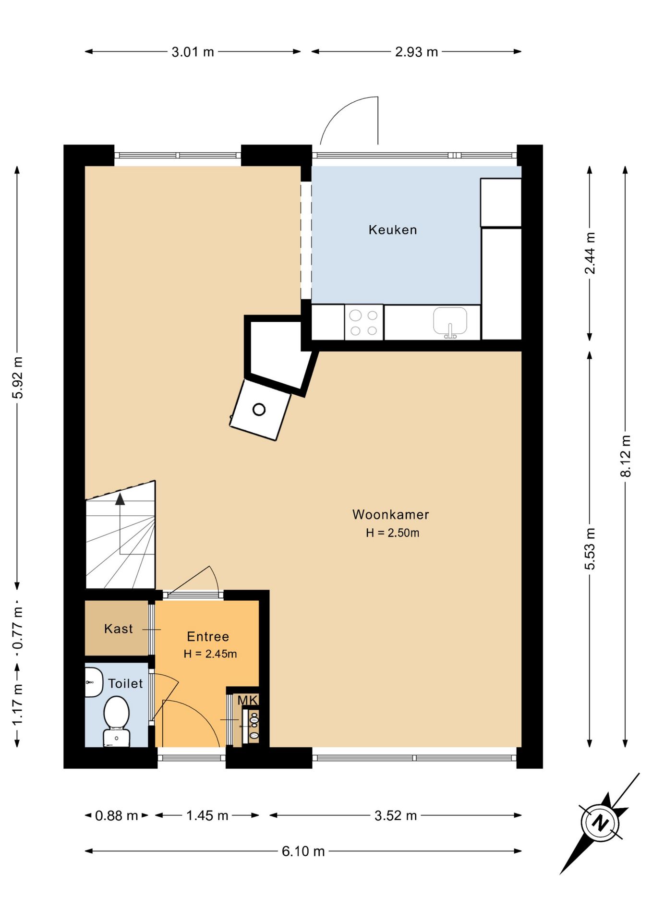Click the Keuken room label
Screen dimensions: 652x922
392,230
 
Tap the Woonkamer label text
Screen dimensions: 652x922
390,514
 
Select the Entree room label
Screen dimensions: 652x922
208,636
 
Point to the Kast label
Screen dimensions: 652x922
118,629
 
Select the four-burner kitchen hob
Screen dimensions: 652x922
364,322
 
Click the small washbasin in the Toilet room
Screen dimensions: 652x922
93,682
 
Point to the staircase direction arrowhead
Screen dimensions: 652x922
120,499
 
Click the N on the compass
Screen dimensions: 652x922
600,823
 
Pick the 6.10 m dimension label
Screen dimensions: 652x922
303,851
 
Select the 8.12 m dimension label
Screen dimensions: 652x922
626,456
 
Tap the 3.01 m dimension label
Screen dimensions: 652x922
193,52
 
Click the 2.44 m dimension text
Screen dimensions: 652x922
590,253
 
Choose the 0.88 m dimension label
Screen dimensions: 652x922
117,815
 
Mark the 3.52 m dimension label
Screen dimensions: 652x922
396,815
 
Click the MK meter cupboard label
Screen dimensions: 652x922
248,700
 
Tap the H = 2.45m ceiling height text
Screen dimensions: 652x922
210,654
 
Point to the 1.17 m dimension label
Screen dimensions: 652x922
18,705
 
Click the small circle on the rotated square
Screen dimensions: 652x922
259,410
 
